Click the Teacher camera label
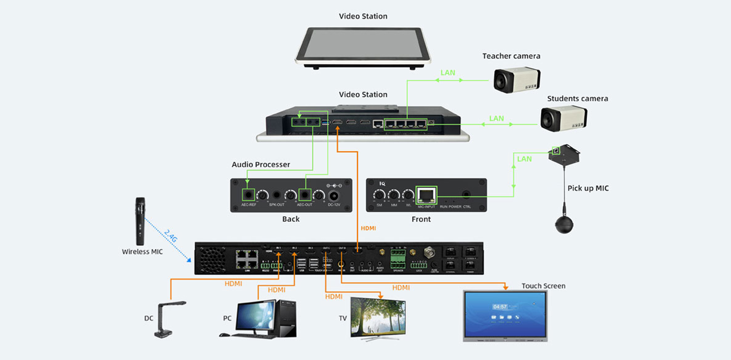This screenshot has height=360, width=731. click(x=511, y=56)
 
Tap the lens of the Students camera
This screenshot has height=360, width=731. click(x=548, y=119)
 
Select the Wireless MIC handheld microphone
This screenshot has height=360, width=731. click(x=140, y=221)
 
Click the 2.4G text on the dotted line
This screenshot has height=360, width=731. click(x=171, y=236)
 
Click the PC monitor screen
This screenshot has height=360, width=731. click(x=255, y=315)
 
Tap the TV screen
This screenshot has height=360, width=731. click(x=378, y=317)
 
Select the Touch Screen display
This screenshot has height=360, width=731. click(x=505, y=315)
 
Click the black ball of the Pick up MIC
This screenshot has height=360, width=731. click(x=564, y=225)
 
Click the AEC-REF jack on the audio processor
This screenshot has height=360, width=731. click(x=249, y=195)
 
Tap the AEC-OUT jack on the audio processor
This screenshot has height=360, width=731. click(x=305, y=195)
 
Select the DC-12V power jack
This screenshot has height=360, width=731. click(x=334, y=196)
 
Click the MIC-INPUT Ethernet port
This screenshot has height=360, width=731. click(x=426, y=195)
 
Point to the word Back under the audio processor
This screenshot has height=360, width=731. click(x=291, y=219)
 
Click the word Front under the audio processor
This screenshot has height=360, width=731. click(x=421, y=219)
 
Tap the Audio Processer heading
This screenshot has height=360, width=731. click(x=261, y=165)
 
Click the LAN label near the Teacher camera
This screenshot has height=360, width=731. click(x=448, y=72)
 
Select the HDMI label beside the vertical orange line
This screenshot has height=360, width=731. click(x=368, y=228)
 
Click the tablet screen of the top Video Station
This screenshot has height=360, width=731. click(x=363, y=43)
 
